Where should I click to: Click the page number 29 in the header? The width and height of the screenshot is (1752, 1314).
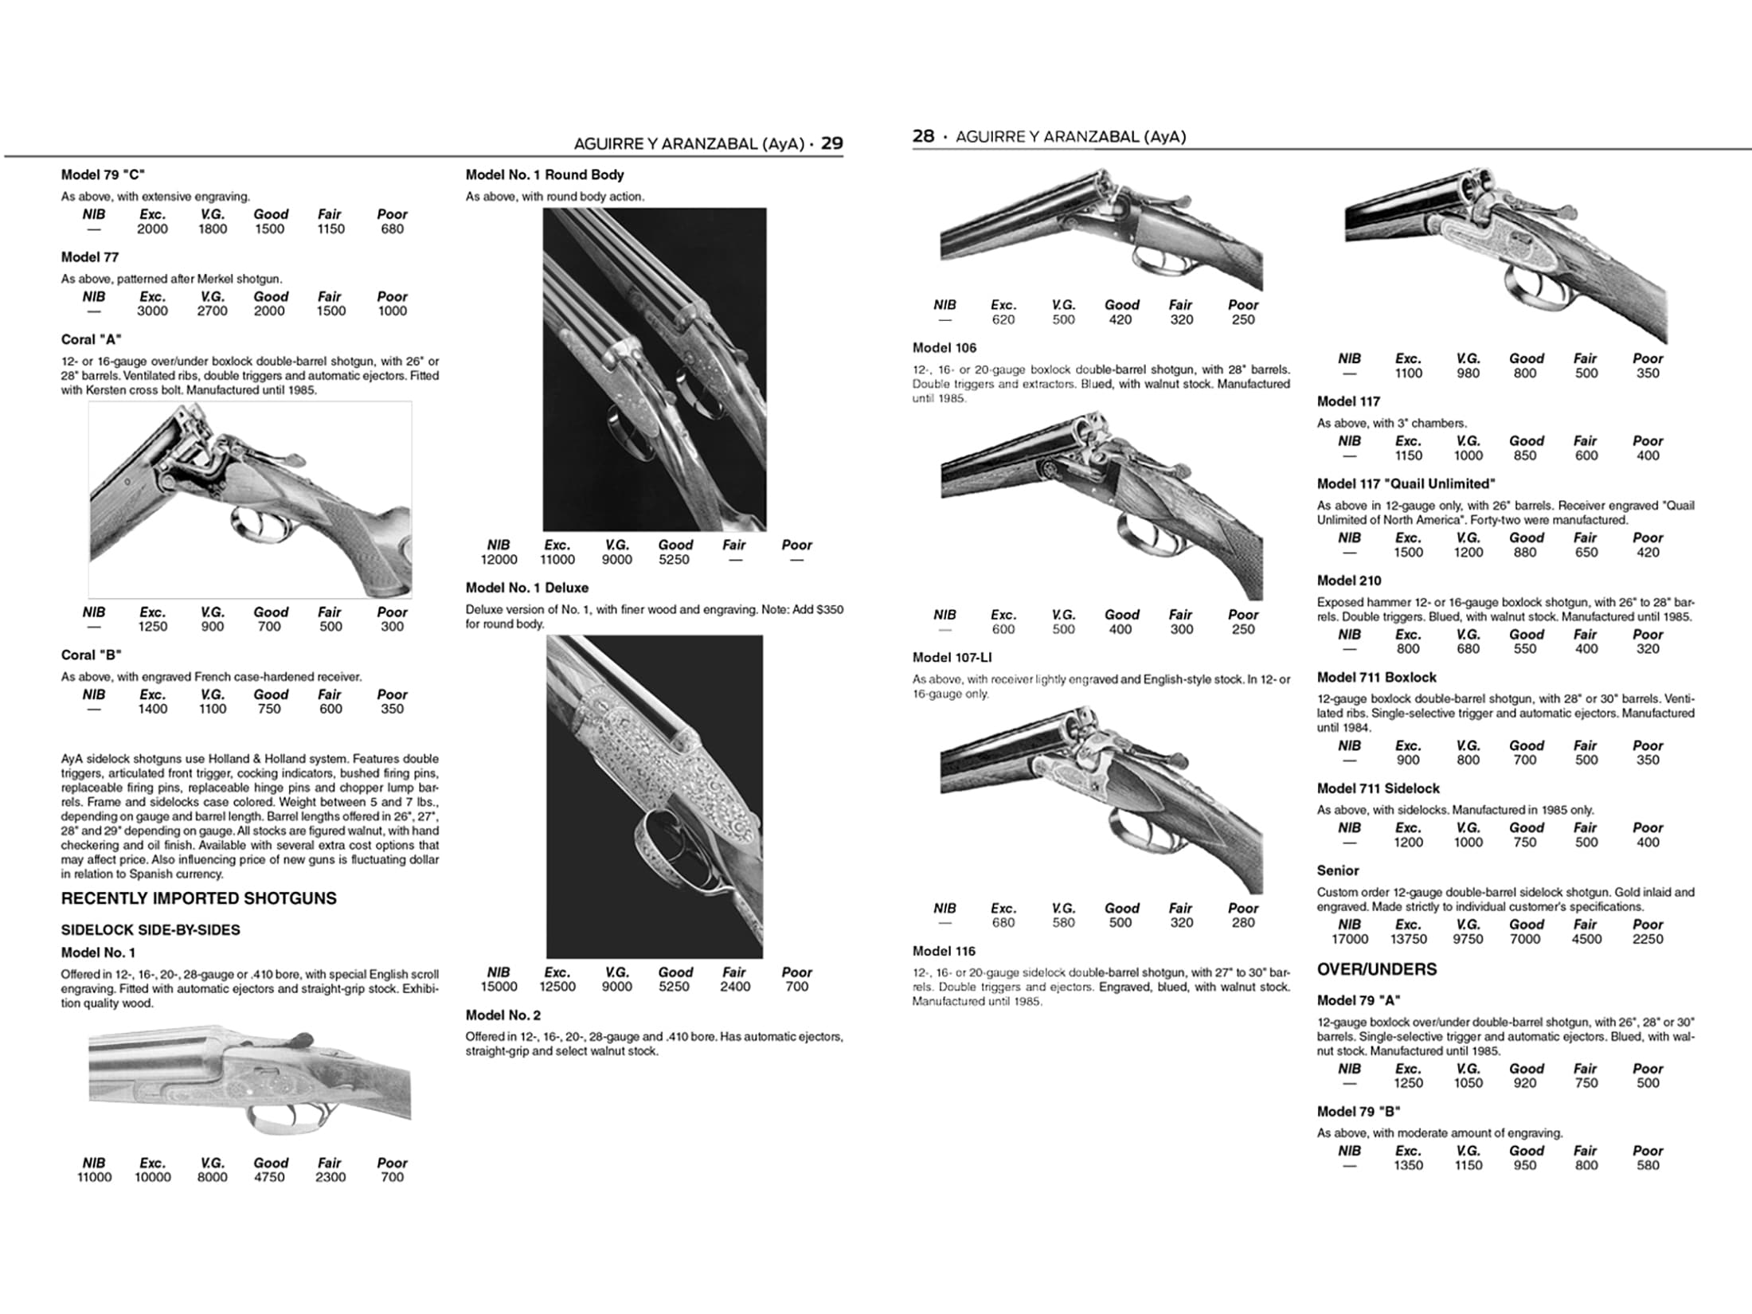(x=831, y=143)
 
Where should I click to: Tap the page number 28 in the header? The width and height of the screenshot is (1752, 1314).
(x=923, y=136)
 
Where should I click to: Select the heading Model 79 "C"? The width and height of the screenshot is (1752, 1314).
(x=103, y=174)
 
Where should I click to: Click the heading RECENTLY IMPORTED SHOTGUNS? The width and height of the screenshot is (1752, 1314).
(x=199, y=898)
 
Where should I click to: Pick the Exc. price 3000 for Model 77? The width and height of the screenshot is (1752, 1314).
(x=152, y=311)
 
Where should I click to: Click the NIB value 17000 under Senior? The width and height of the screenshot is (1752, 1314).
(x=1349, y=940)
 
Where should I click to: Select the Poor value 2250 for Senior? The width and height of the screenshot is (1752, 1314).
(x=1647, y=940)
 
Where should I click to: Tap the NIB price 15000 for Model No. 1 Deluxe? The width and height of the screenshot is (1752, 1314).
(x=499, y=987)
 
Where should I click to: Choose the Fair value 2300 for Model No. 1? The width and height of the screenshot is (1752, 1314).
(x=330, y=1177)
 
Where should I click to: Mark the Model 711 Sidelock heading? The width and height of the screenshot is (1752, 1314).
(x=1378, y=788)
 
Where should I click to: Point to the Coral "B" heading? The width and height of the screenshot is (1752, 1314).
(x=92, y=655)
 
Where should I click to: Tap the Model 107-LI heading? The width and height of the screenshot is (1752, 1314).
(x=952, y=658)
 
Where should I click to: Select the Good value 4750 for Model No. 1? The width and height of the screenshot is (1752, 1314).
(x=269, y=1177)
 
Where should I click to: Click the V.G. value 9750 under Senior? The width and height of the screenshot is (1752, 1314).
(x=1468, y=940)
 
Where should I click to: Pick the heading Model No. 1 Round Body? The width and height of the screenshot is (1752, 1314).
(x=544, y=174)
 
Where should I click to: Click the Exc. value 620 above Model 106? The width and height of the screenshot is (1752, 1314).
(x=1003, y=320)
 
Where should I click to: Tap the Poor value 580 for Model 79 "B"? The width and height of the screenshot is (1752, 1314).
(x=1647, y=1166)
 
